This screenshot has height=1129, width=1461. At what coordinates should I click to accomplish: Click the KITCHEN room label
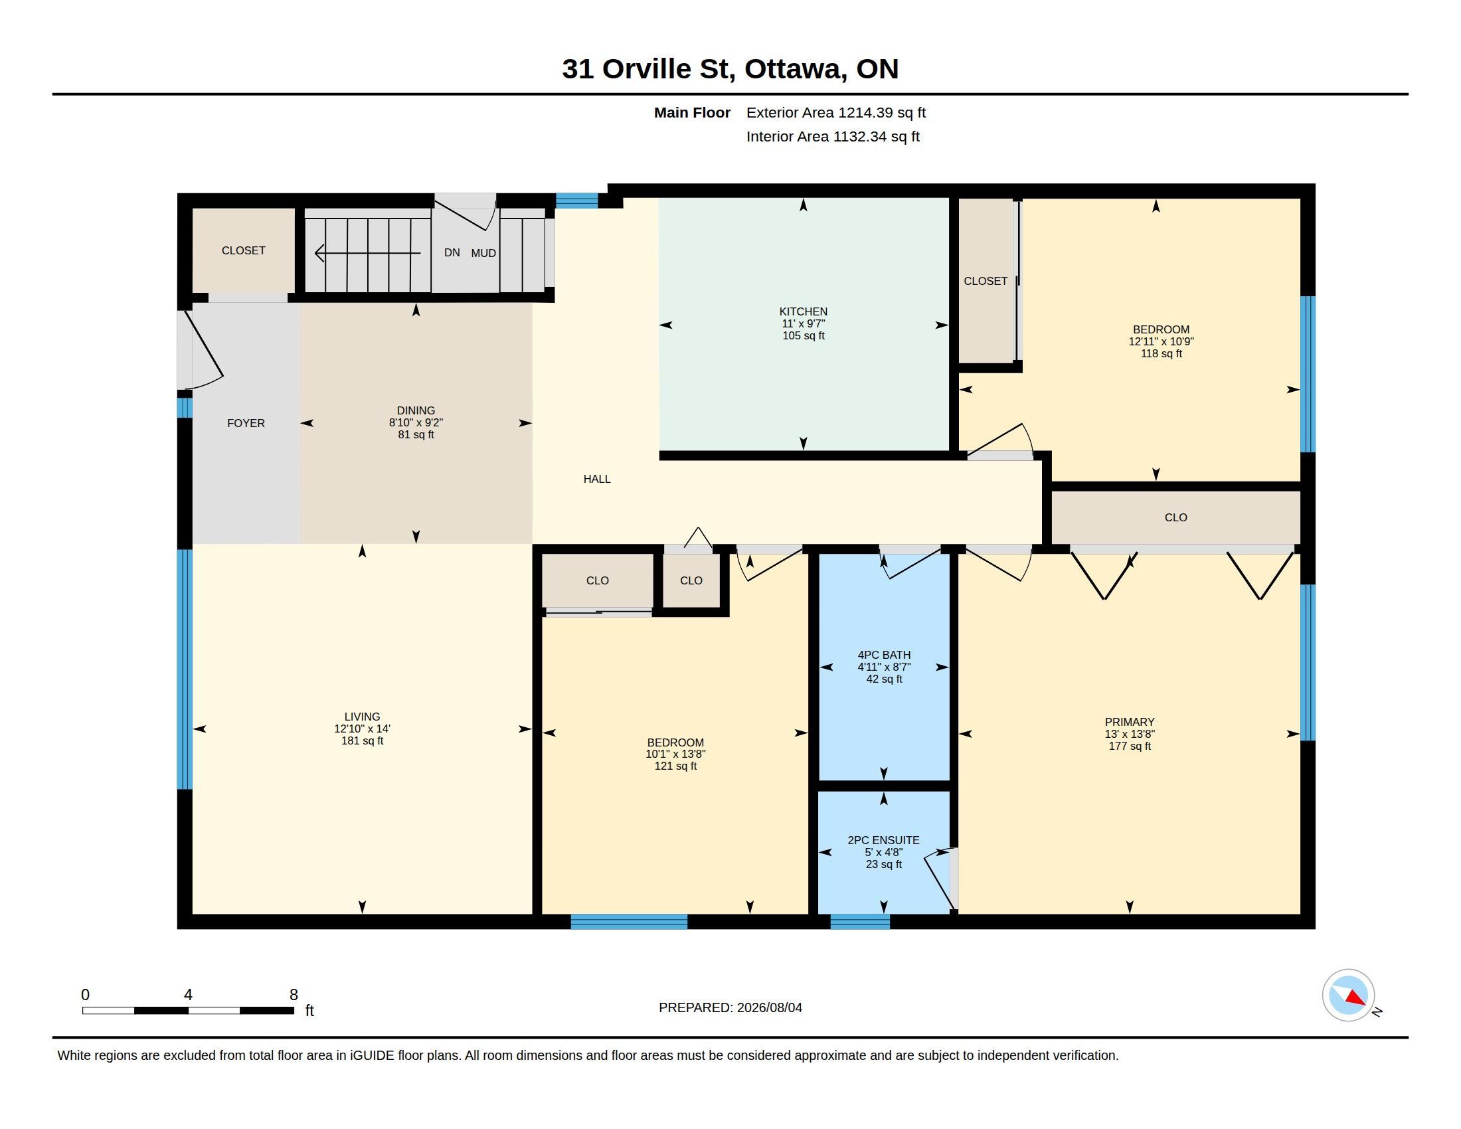(803, 311)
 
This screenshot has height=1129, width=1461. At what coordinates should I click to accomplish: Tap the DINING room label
(416, 410)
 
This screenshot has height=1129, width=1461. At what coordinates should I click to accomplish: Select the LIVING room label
(362, 717)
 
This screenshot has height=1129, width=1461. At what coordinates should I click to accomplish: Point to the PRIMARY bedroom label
(1129, 722)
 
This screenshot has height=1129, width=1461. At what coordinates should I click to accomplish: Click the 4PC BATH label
(884, 655)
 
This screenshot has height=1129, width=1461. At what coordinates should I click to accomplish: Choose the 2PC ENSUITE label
(883, 840)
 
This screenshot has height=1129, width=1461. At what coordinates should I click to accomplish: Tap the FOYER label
(246, 422)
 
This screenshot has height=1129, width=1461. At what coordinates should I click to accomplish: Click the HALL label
(597, 479)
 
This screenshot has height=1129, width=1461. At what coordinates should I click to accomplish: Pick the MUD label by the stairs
(483, 253)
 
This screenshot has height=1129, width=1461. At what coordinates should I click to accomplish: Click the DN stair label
(452, 252)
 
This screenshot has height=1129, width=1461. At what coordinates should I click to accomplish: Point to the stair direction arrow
(367, 254)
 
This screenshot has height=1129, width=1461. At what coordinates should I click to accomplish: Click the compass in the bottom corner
(1348, 996)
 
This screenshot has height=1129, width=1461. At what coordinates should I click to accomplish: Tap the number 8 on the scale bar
(293, 995)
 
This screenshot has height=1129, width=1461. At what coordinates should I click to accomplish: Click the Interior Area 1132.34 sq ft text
(833, 136)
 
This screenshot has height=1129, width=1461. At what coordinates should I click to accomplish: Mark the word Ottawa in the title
(794, 69)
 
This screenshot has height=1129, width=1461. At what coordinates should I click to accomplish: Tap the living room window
(185, 669)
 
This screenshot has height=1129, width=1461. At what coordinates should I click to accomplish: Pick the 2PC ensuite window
(859, 922)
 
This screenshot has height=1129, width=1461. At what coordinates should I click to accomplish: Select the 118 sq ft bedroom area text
(1161, 353)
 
